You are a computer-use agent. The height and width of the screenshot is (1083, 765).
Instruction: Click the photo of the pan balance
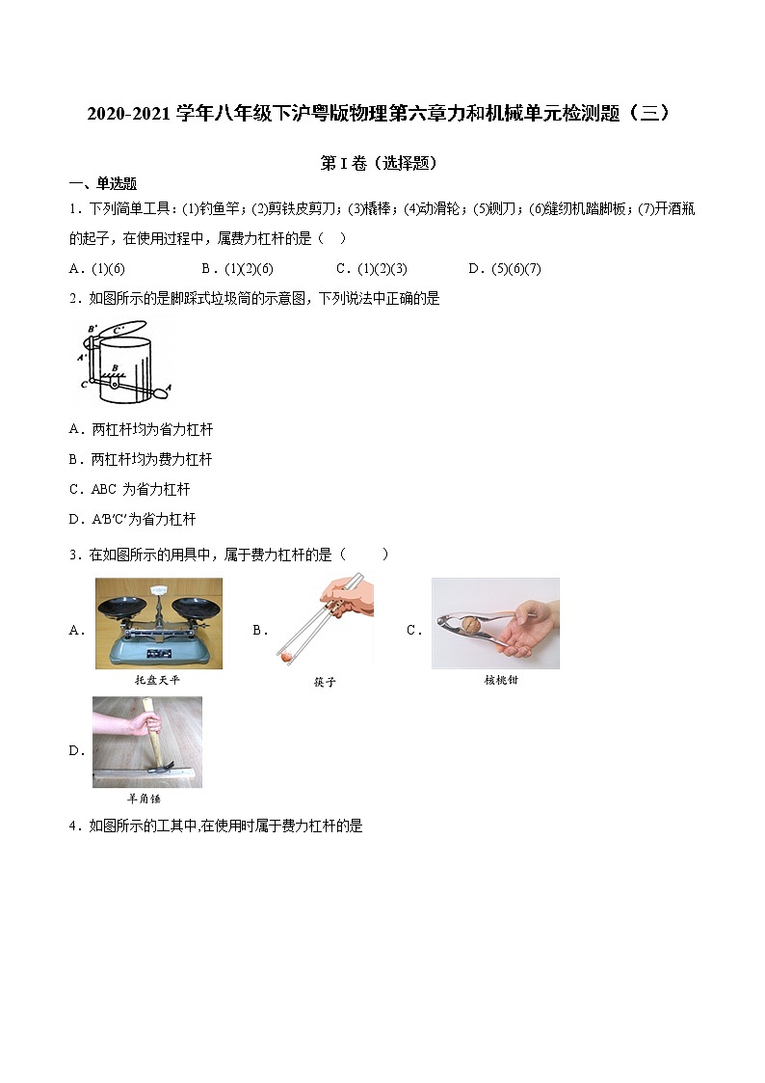pyautogui.click(x=158, y=623)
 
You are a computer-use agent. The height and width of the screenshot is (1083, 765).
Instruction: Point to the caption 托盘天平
pyautogui.click(x=158, y=680)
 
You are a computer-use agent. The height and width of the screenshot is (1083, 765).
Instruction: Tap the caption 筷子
pyautogui.click(x=325, y=682)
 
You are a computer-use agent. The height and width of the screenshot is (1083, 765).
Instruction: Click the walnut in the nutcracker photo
pyautogui.click(x=470, y=626)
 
